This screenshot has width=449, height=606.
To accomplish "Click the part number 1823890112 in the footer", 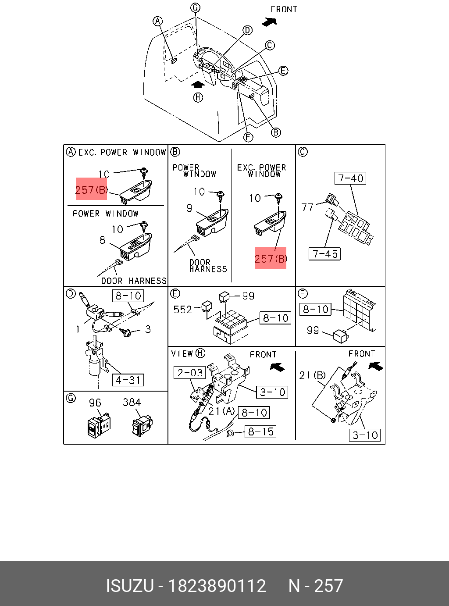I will (x=217, y=586).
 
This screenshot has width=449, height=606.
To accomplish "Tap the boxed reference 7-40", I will (x=351, y=178).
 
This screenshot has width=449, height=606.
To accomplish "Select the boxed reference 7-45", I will (x=325, y=254).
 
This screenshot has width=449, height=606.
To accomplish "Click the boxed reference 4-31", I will (x=128, y=380).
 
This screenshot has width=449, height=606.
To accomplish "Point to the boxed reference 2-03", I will (x=190, y=373).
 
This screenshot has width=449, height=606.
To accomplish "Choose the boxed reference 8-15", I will (x=260, y=432).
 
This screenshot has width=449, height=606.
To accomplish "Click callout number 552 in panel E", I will (x=182, y=310).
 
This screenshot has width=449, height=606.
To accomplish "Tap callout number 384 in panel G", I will (x=132, y=402).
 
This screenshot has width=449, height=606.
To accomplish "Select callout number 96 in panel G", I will (x=95, y=403).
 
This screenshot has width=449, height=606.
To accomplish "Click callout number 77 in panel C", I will (x=308, y=207).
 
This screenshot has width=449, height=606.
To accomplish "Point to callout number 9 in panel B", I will (x=189, y=208).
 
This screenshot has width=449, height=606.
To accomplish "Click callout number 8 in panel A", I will (x=103, y=240).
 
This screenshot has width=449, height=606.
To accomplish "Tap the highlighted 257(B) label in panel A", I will (x=91, y=189).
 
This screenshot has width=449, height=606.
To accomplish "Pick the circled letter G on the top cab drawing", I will (x=195, y=7).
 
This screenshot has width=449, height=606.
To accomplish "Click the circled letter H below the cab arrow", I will (x=198, y=97).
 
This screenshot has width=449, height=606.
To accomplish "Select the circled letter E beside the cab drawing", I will (x=283, y=71).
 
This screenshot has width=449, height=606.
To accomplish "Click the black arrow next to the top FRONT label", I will (x=269, y=21).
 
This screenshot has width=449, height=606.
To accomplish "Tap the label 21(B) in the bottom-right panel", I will (x=312, y=375).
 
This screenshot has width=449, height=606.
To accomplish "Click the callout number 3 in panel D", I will (x=148, y=329).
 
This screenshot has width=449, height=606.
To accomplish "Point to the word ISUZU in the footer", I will (x=130, y=586).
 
